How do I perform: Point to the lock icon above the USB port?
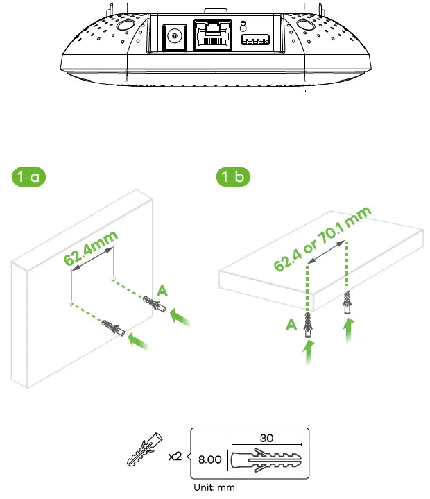242,25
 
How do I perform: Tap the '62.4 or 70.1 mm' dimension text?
323,239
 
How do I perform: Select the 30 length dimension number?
267,439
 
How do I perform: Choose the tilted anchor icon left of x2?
144,452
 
